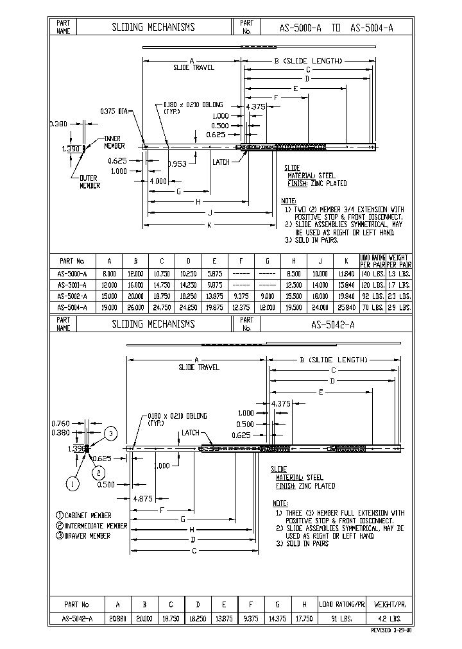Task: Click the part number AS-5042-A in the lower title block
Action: [333, 324]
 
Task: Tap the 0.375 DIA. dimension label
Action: [114, 111]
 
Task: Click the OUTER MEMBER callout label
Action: [89, 181]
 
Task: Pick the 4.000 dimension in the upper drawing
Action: [158, 181]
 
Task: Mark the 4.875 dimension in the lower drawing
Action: [142, 498]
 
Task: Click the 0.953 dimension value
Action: [177, 164]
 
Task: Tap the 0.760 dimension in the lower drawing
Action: [60, 423]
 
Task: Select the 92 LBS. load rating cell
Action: [372, 296]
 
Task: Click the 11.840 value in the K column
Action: [345, 273]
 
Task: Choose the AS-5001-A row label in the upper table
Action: [72, 285]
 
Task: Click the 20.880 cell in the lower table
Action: [117, 619]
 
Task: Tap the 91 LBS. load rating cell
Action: [342, 619]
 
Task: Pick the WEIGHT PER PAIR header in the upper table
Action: [398, 260]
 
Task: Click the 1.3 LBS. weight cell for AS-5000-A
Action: [398, 273]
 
